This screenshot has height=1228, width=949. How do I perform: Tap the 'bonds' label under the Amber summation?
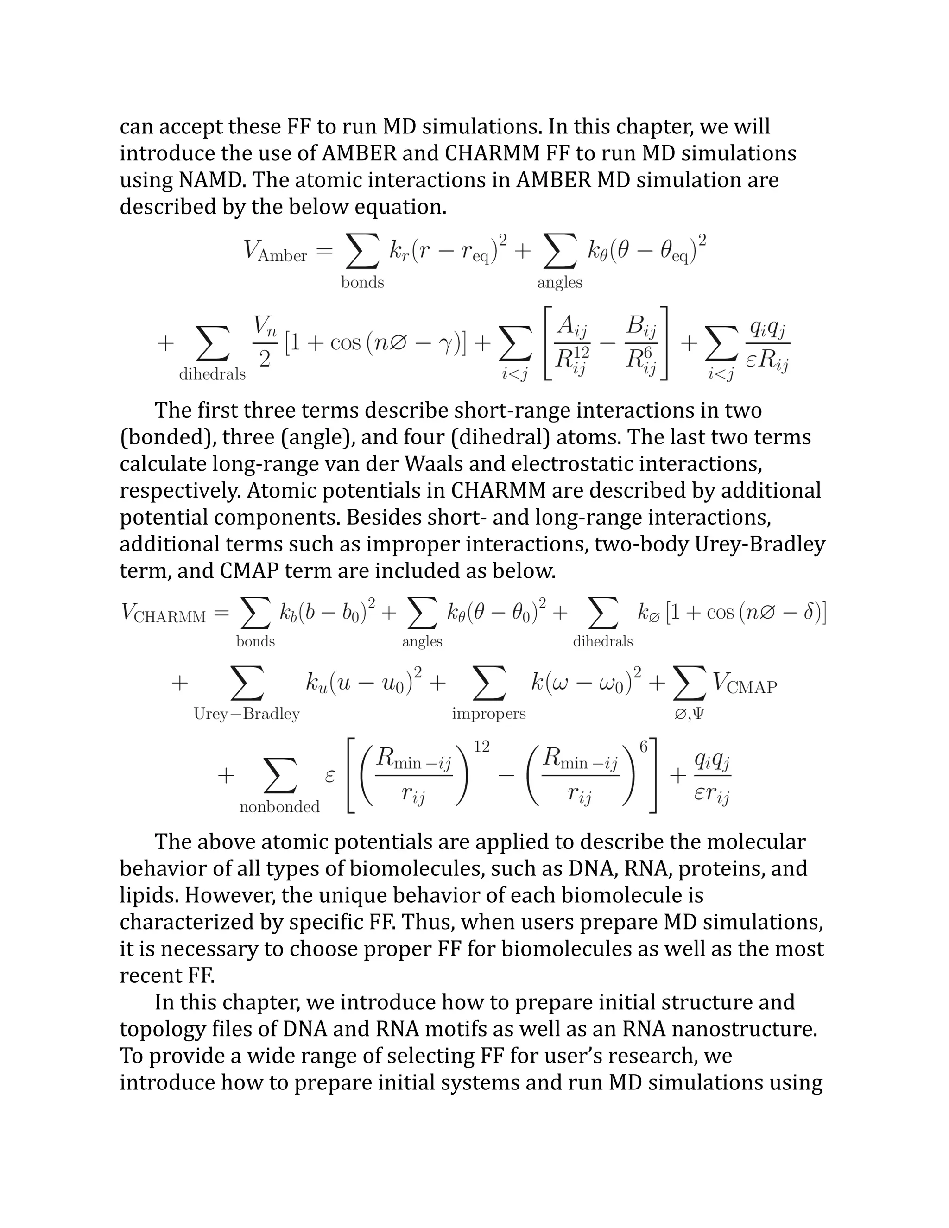tap(363, 282)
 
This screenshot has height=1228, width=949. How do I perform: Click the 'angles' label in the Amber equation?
tap(559, 282)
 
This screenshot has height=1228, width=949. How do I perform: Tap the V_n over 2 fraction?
tap(264, 342)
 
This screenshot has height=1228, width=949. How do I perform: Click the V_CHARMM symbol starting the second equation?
tap(163, 614)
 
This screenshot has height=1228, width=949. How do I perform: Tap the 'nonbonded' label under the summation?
tap(279, 807)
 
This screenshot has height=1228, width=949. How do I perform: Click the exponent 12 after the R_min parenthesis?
tap(482, 747)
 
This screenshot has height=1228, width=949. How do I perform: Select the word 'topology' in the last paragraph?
tap(161, 1029)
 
